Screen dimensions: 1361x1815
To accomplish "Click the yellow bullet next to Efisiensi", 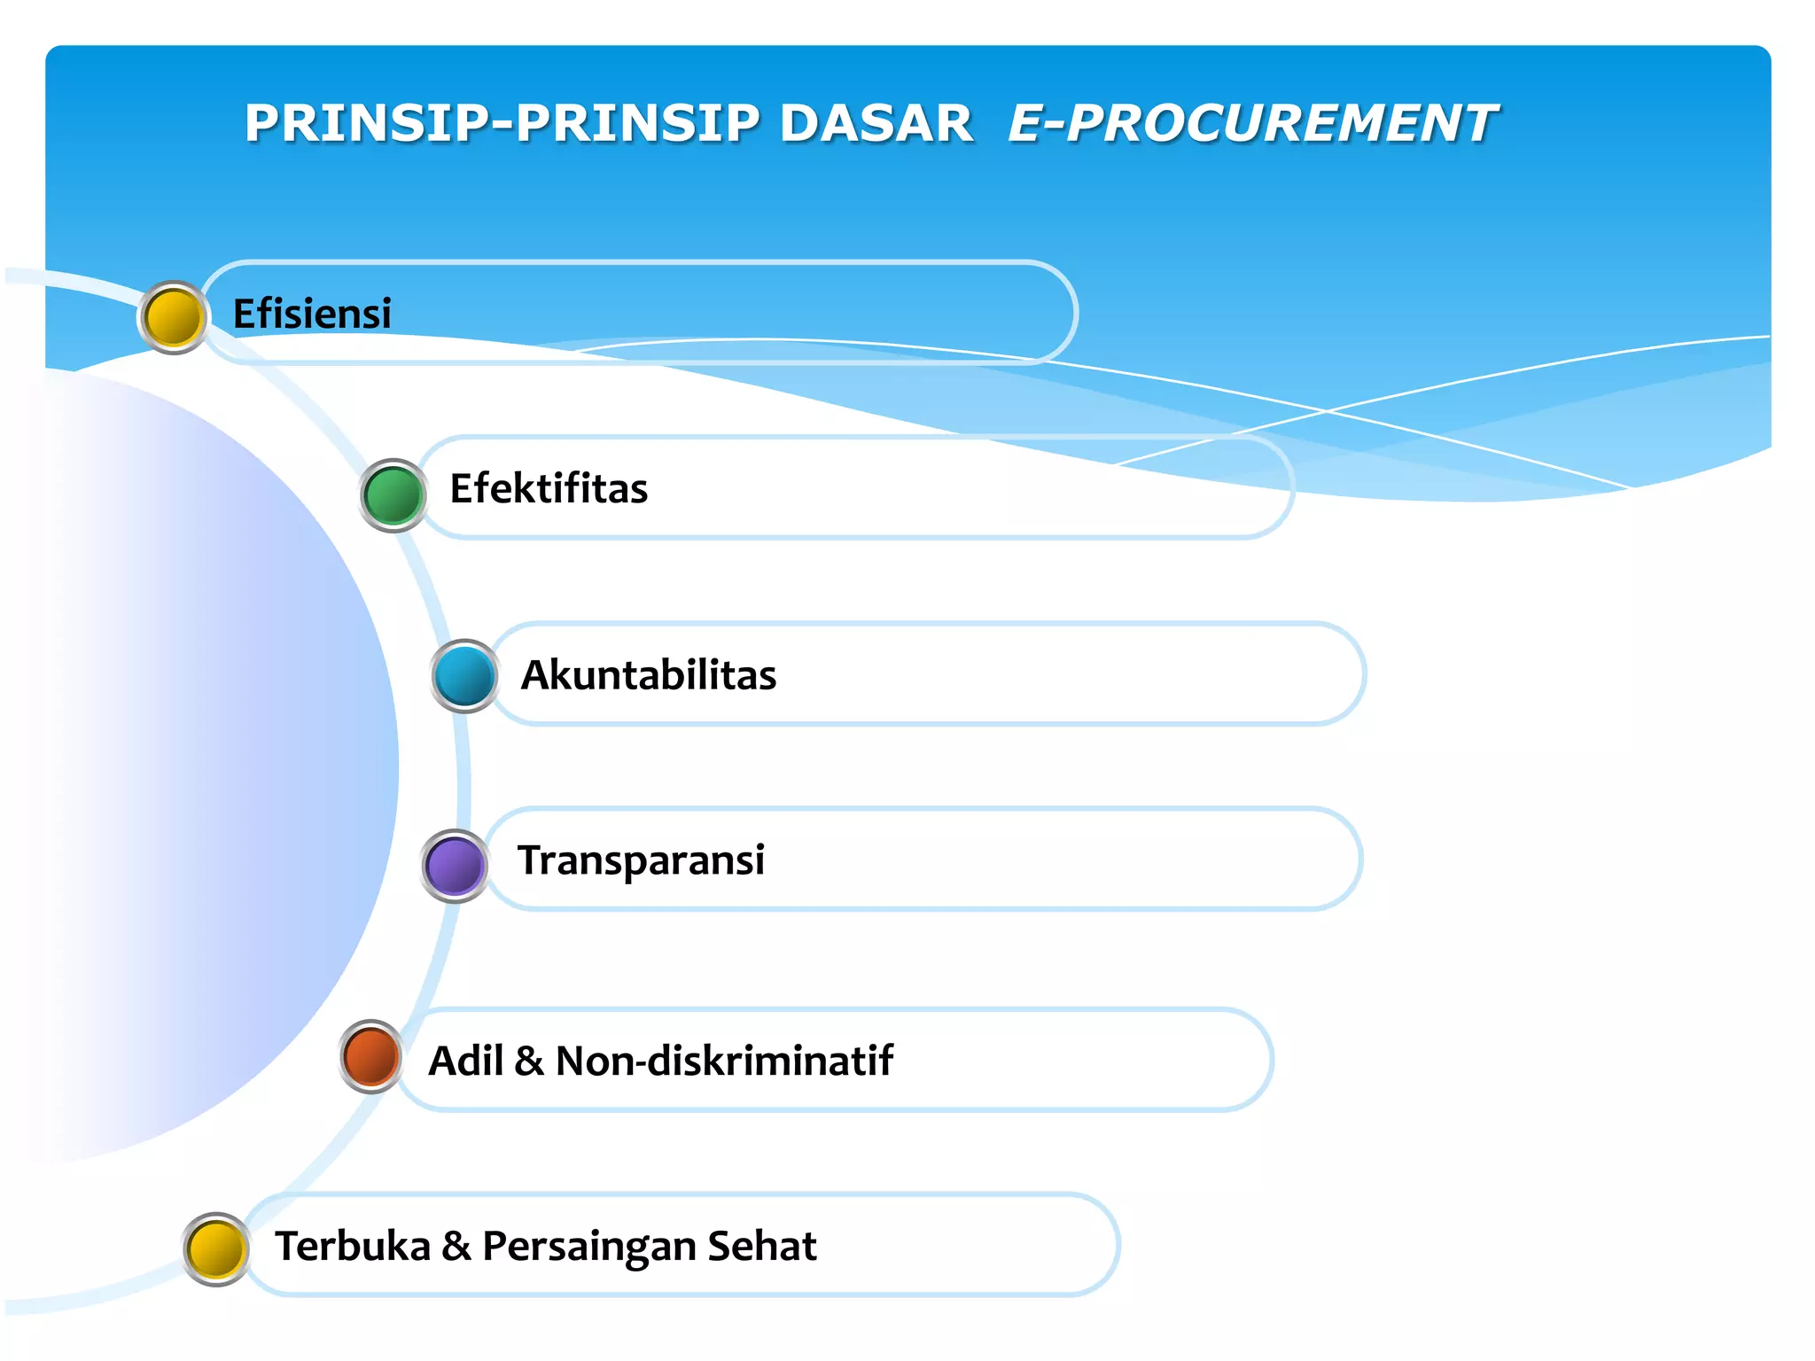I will pyautogui.click(x=174, y=317).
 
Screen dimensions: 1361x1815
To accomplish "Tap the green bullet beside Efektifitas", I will pyautogui.click(x=393, y=495).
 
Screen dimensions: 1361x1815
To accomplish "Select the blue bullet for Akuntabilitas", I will pyautogui.click(x=464, y=676).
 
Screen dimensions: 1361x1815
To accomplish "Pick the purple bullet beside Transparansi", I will pyautogui.click(x=455, y=866).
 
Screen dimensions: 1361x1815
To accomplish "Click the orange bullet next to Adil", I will pyautogui.click(x=371, y=1056).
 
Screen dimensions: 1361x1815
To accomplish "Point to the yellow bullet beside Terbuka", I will pyautogui.click(x=216, y=1248).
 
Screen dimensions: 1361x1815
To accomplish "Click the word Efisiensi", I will pyautogui.click(x=312, y=314).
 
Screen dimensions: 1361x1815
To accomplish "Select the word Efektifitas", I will pyautogui.click(x=549, y=488).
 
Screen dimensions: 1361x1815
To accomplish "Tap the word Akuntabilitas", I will pyautogui.click(x=649, y=675).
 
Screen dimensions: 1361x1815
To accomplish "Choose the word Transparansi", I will pyautogui.click(x=641, y=860).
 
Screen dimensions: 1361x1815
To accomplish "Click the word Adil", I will pyautogui.click(x=466, y=1061).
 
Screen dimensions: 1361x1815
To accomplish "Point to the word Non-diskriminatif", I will pyautogui.click(x=724, y=1061).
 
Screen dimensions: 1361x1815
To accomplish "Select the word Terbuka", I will pyautogui.click(x=353, y=1246).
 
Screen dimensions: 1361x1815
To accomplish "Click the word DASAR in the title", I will pyautogui.click(x=876, y=123).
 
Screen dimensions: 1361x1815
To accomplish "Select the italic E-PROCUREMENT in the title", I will pyautogui.click(x=1251, y=123).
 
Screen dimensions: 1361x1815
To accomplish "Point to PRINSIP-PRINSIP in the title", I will pyautogui.click(x=502, y=123).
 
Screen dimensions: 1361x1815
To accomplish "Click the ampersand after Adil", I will pyautogui.click(x=529, y=1061).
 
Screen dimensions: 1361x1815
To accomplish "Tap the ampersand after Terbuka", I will pyautogui.click(x=456, y=1246).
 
